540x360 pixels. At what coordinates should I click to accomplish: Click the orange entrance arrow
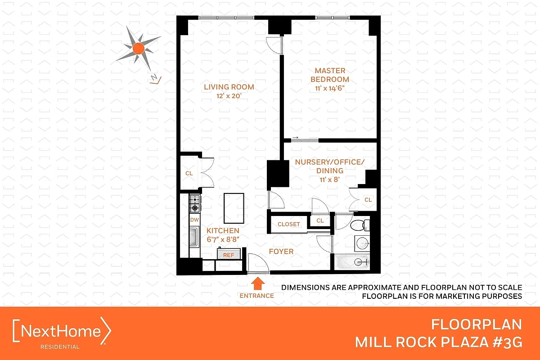pyautogui.click(x=257, y=283)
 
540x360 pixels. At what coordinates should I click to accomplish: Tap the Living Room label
pyautogui.click(x=229, y=87)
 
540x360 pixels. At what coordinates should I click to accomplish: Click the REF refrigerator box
pyautogui.click(x=229, y=255)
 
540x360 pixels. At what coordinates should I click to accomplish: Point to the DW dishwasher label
pyautogui.click(x=194, y=220)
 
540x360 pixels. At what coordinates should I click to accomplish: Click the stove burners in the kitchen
pyautogui.click(x=194, y=203)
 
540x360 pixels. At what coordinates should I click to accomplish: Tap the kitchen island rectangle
pyautogui.click(x=234, y=208)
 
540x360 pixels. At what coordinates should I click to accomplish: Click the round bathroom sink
pyautogui.click(x=361, y=243)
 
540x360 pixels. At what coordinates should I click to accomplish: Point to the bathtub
pyautogui.click(x=352, y=261)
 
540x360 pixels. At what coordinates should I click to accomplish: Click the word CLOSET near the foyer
pyautogui.click(x=288, y=224)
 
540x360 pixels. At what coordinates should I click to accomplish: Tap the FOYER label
pyautogui.click(x=281, y=252)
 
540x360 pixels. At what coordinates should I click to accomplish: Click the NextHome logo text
pyautogui.click(x=62, y=332)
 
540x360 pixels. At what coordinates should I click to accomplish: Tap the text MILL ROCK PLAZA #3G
pyautogui.click(x=438, y=342)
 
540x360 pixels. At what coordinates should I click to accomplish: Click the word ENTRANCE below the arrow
pyautogui.click(x=256, y=296)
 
